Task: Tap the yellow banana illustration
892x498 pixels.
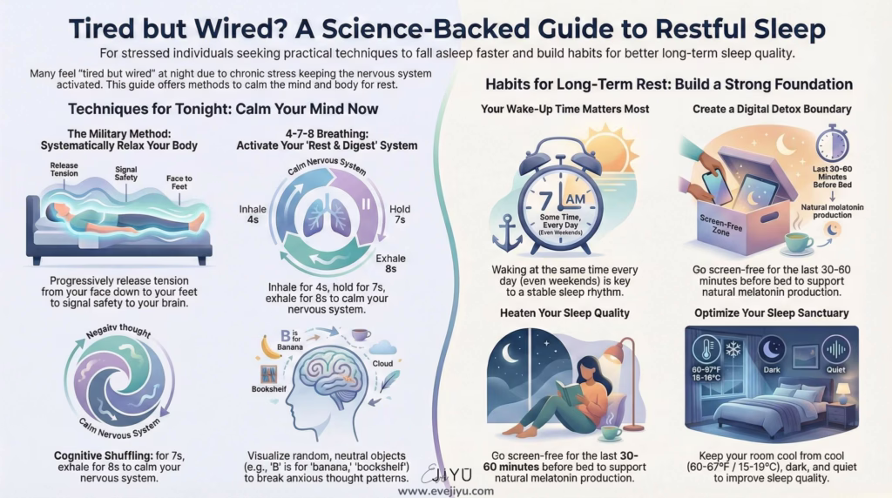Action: [272, 347]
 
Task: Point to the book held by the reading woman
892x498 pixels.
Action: [570, 394]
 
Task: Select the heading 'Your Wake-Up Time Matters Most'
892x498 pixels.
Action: [564, 110]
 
